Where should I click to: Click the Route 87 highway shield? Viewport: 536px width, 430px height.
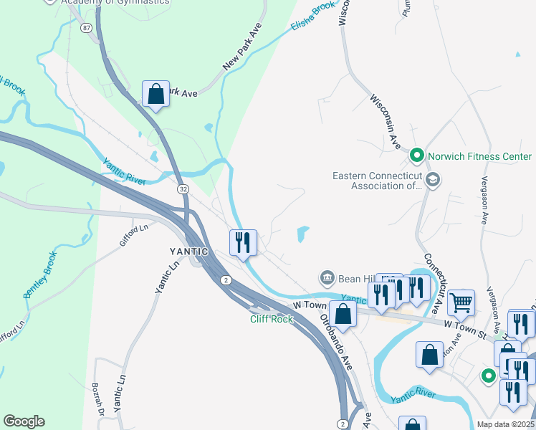[87, 27]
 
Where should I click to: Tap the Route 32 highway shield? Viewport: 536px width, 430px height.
[183, 188]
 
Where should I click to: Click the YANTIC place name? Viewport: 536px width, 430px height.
[188, 252]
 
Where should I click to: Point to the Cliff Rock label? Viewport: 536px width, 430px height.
[272, 319]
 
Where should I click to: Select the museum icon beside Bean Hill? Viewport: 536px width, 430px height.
[327, 277]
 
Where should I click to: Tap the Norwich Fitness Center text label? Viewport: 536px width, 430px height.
[480, 156]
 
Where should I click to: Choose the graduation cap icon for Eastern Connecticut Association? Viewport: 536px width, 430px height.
[431, 180]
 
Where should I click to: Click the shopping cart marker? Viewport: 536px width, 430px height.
[461, 302]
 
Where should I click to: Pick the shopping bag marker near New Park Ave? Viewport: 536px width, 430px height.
[155, 94]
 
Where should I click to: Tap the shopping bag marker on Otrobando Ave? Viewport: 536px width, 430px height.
[344, 314]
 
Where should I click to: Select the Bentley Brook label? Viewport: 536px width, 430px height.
[39, 274]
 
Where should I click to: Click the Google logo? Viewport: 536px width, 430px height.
[24, 421]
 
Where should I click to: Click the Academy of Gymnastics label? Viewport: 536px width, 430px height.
[115, 2]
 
